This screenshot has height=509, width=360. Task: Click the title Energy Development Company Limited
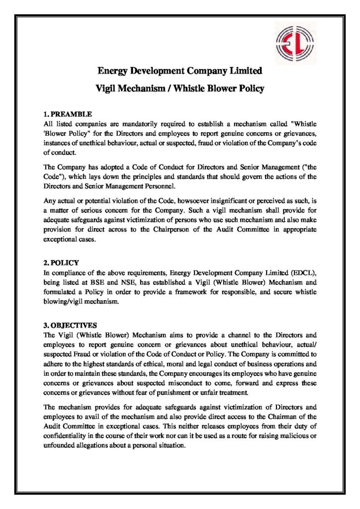coord(180,71)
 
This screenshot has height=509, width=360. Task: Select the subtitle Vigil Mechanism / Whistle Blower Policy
coord(180,89)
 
